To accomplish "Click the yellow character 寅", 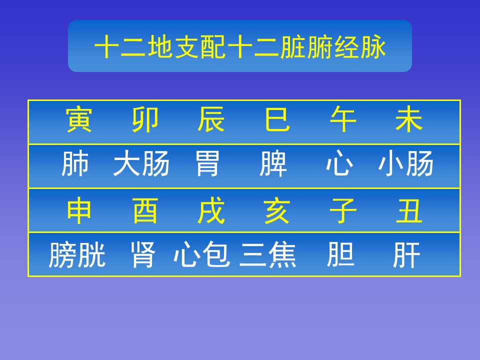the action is [78, 119].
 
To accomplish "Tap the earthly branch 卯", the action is [145, 119].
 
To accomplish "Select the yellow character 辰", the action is [211, 119].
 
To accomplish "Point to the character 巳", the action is [277, 119].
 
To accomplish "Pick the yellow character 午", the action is [343, 119].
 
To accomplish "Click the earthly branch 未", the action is [409, 119].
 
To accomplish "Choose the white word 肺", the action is [75, 163].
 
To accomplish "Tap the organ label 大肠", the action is [141, 163].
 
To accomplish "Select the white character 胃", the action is [207, 163].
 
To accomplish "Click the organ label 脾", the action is [273, 163].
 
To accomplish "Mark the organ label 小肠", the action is [405, 163].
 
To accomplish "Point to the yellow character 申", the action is [78, 211].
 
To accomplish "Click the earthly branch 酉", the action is [145, 211].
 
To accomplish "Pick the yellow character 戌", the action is [211, 211].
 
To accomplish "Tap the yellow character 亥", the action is [277, 211].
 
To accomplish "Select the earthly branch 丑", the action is [409, 211].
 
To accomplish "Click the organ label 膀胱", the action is [77, 254].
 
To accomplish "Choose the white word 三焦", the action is [268, 254].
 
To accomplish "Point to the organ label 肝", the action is [406, 254].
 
